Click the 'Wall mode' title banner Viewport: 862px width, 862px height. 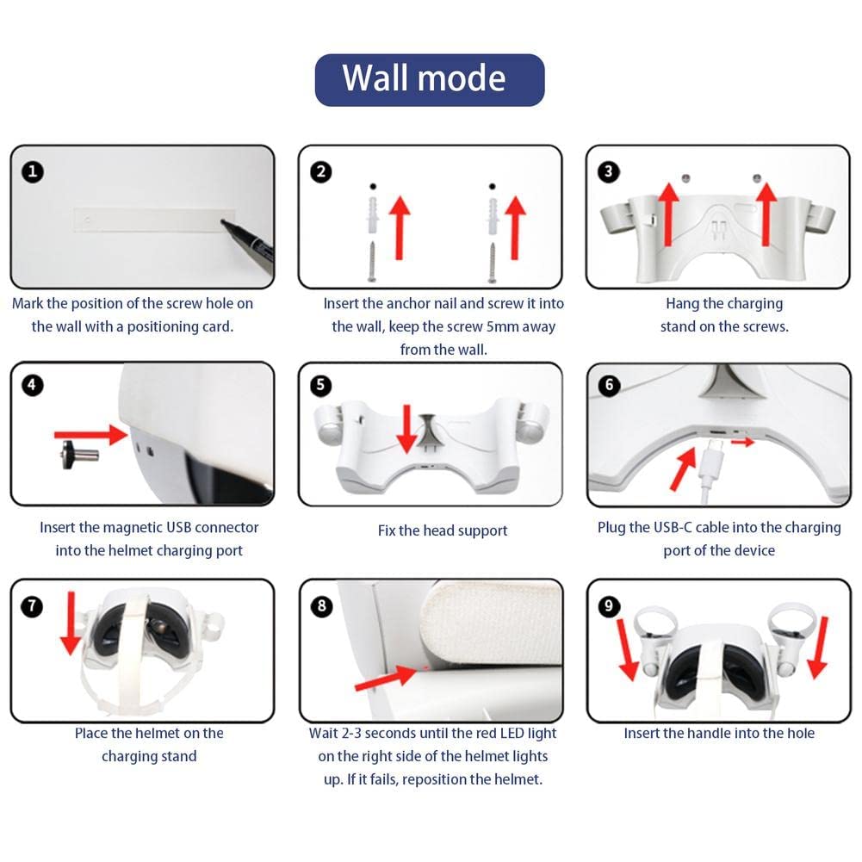430,80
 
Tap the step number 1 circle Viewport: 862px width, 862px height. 33,171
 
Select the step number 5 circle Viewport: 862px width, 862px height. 320,385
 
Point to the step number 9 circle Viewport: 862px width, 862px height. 609,606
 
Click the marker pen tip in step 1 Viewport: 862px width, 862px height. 223,221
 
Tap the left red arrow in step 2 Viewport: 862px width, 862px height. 400,227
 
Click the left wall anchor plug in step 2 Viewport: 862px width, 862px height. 373,217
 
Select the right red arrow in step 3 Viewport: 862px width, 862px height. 766,214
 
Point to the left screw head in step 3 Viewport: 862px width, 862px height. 685,178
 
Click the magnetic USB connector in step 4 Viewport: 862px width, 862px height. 80,455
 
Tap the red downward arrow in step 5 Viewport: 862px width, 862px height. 406,429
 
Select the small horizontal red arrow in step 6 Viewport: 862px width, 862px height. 742,442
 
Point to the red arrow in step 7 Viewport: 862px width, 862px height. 71,623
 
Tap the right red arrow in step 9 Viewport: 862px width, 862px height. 819,648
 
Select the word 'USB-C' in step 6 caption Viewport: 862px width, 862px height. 673,527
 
